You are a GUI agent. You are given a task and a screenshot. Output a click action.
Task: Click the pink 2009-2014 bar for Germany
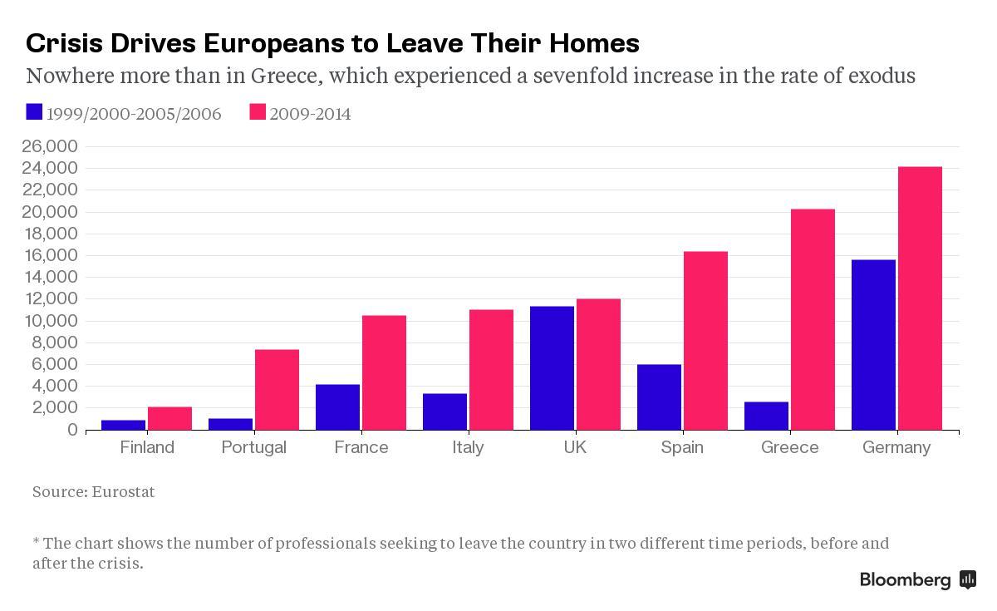coord(920,298)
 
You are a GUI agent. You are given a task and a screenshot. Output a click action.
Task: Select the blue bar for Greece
coord(766,416)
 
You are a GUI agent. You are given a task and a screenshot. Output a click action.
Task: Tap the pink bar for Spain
coord(705,341)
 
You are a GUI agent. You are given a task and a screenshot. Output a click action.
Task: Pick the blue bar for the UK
coord(552,368)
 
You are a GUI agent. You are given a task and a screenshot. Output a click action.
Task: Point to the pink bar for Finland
coord(169,419)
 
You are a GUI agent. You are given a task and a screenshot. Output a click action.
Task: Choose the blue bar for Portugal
coord(231,425)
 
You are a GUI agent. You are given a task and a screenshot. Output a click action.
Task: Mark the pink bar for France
coord(384,372)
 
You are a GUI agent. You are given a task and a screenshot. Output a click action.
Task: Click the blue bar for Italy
coord(444,412)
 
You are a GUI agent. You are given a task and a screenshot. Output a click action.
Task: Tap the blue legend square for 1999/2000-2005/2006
coord(34,111)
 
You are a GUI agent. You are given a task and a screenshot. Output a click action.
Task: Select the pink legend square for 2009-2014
coord(258,111)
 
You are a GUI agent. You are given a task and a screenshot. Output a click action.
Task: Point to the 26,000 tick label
coord(50,146)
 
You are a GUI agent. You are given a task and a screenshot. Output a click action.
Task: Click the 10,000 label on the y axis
coord(51,321)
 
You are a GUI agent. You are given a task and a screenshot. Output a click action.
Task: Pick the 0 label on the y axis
coord(73,430)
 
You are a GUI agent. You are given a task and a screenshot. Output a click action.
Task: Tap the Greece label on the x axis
coord(789,447)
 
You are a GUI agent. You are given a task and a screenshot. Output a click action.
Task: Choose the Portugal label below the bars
coord(253,448)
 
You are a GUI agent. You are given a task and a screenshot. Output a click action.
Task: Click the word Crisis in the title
coord(65,43)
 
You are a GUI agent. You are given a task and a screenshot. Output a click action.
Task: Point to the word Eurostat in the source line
coord(123,491)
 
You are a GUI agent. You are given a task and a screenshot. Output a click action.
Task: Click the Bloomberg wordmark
coord(905,581)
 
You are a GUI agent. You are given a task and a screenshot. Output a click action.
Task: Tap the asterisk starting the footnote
coord(36,541)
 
